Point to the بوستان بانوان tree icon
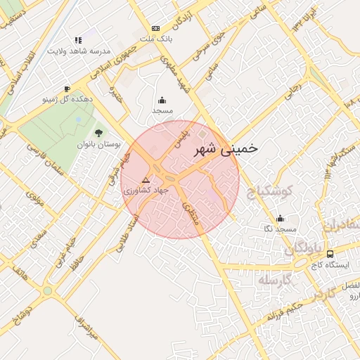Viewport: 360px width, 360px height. pos(98,132)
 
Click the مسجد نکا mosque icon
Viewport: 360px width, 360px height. pos(281,218)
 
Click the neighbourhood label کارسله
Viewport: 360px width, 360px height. pos(275,281)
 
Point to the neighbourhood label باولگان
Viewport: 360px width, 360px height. pos(303,249)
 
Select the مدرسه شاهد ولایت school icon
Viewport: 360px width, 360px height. pos(78,40)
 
